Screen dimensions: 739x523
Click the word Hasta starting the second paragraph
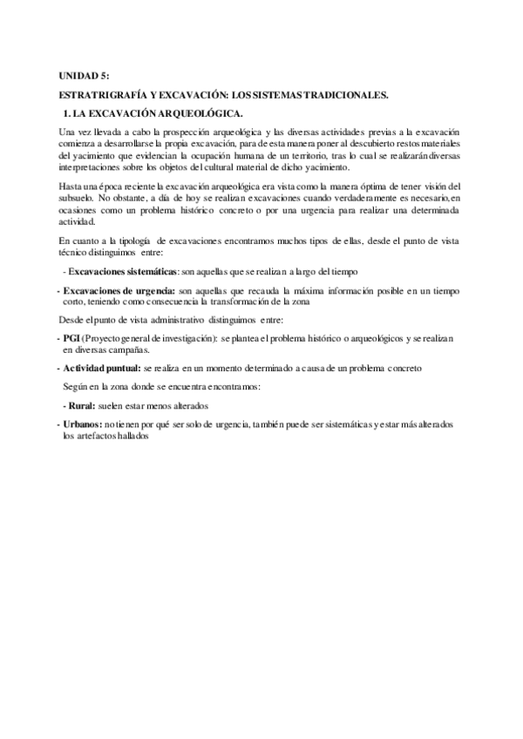coord(71,187)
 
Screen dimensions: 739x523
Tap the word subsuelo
coord(73,200)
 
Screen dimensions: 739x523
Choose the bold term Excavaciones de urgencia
coord(119,289)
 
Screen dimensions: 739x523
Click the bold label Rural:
coord(83,406)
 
